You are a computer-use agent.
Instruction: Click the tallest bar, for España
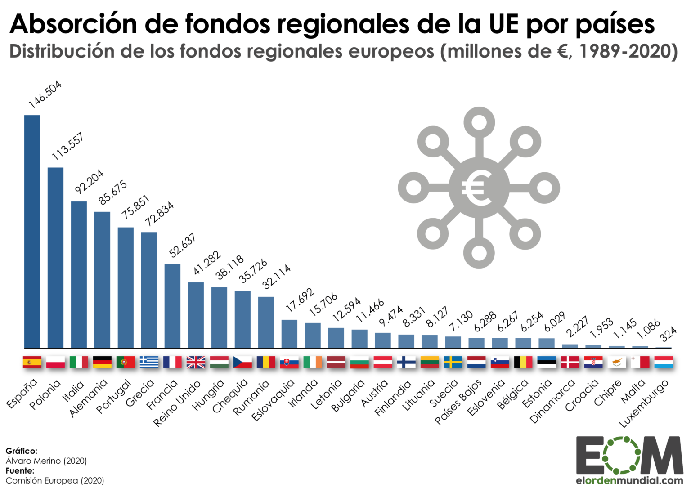coord(32,232)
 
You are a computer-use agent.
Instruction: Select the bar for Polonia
coord(55,258)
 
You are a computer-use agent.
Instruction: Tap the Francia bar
coord(172,306)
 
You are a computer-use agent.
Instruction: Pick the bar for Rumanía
coord(266,322)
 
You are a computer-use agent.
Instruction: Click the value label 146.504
coord(45,94)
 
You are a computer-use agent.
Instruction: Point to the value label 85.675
coord(113,193)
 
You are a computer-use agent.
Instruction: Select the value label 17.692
coord(300,300)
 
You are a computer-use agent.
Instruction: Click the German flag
coord(102,362)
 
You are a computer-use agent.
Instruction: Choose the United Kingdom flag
coord(196,362)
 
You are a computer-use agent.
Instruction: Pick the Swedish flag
coord(453,362)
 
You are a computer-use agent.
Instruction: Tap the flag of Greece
coord(149,362)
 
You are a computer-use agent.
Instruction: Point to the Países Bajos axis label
coord(458,402)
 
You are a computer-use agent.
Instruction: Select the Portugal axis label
coord(114,396)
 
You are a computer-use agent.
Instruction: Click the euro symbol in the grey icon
coord(479,188)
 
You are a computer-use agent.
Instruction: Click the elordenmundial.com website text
coord(629,480)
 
